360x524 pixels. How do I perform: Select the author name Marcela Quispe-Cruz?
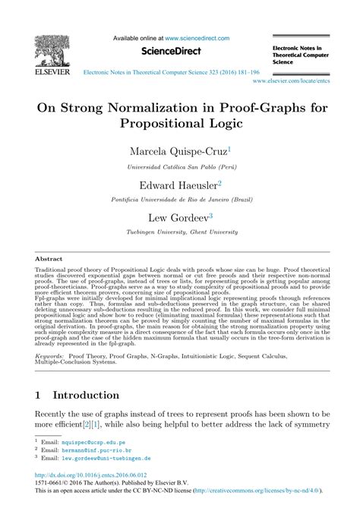pos(178,151)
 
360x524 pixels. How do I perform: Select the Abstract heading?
pos(49,258)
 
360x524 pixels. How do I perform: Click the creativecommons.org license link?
pos(262,513)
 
